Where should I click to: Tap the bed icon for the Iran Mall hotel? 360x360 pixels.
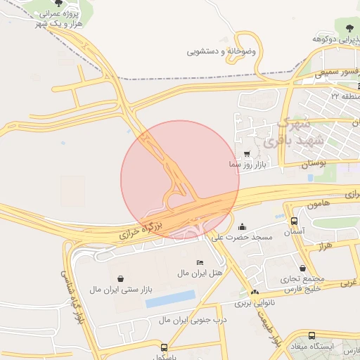click(200, 262)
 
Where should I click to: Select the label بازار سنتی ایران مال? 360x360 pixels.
click(120, 289)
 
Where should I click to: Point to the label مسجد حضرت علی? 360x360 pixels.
click(243, 237)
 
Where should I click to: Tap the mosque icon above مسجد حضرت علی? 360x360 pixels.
click(243, 226)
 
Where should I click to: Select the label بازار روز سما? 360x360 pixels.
click(245, 164)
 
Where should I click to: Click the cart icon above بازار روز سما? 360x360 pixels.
click(246, 153)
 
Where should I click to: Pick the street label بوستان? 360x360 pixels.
click(314, 163)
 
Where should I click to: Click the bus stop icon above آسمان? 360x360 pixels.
click(294, 221)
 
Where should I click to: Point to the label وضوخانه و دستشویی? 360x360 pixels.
click(221, 51)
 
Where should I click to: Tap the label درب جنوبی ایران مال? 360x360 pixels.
click(184, 320)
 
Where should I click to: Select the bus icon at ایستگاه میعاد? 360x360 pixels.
click(311, 336)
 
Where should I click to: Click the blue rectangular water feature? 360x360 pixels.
click(170, 299)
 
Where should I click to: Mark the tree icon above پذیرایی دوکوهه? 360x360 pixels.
click(349, 28)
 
